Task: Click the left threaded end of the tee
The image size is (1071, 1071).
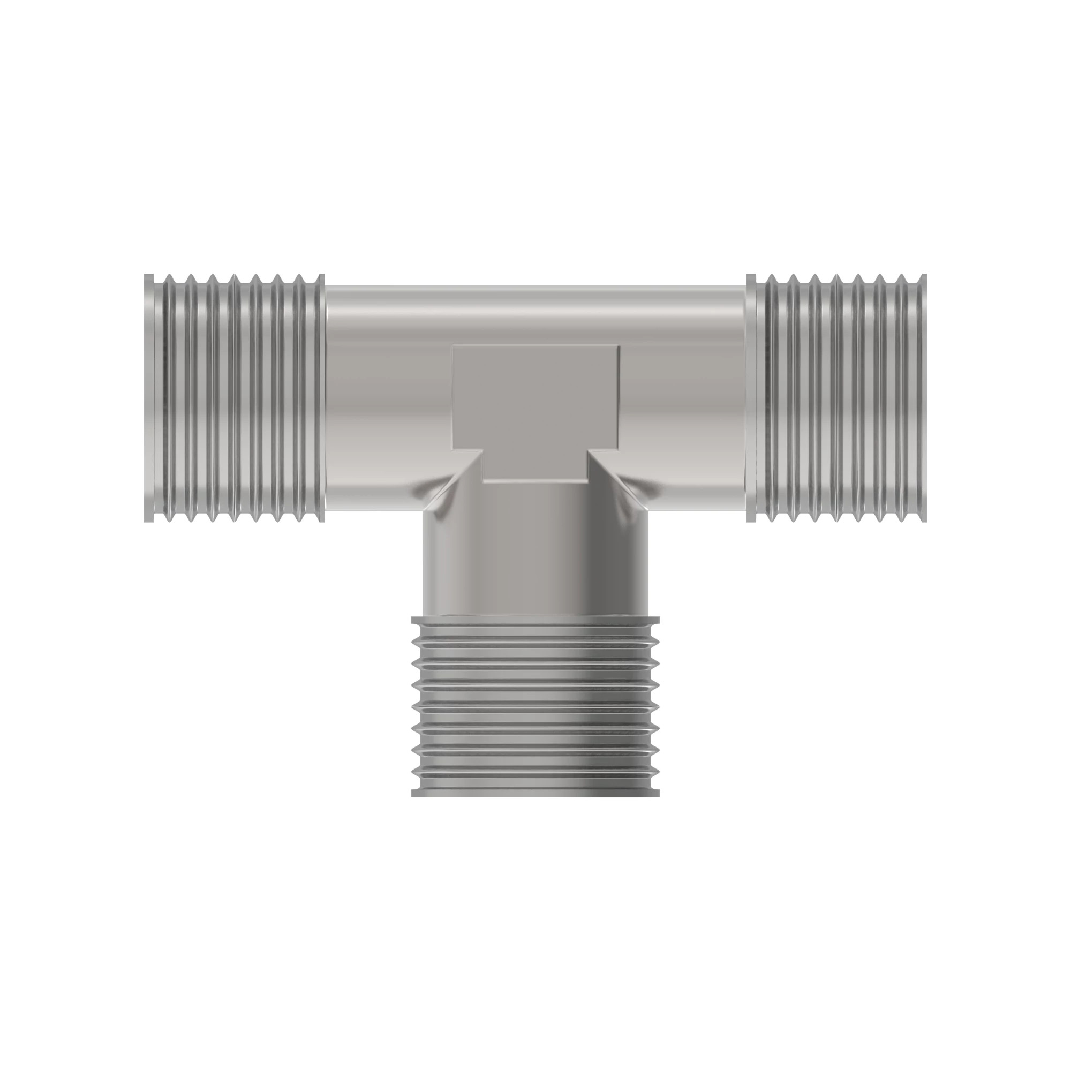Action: pyautogui.click(x=233, y=397)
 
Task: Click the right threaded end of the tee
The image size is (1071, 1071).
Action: pyautogui.click(x=837, y=397)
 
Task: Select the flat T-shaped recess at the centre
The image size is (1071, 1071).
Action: pyautogui.click(x=535, y=405)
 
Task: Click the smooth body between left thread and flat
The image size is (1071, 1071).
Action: pyautogui.click(x=388, y=388)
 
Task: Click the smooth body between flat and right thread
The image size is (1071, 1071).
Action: pyautogui.click(x=682, y=388)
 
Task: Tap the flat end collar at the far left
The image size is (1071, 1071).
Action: pyautogui.click(x=148, y=397)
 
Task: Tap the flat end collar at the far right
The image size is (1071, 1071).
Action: pyautogui.click(x=922, y=397)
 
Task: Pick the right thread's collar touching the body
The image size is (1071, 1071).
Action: pyautogui.click(x=751, y=397)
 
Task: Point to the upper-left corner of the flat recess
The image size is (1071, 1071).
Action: pyautogui.click(x=454, y=346)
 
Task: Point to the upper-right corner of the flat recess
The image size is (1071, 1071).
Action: pyautogui.click(x=619, y=346)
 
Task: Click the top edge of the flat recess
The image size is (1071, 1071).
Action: pyautogui.click(x=535, y=345)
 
